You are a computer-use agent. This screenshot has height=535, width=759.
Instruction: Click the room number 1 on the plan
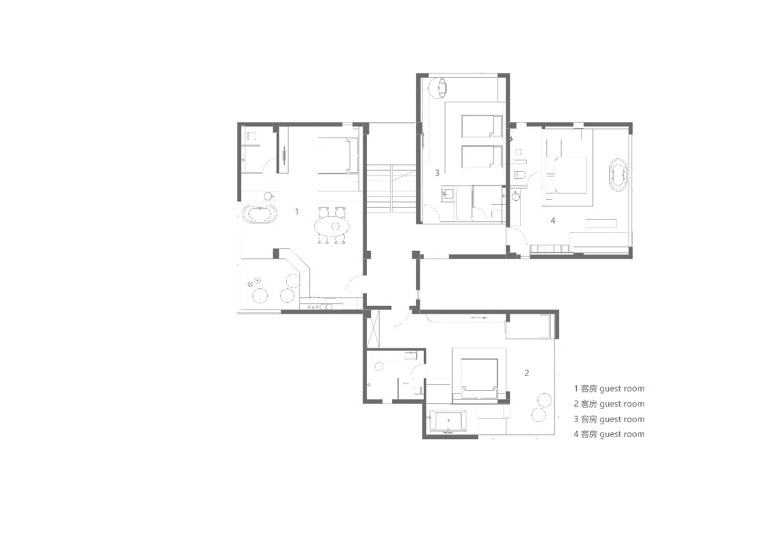click(x=297, y=212)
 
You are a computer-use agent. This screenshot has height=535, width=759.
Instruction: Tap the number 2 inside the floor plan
click(x=527, y=373)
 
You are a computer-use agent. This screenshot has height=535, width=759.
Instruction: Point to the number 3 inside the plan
click(x=437, y=173)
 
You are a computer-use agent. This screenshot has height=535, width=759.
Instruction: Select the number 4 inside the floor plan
click(x=553, y=221)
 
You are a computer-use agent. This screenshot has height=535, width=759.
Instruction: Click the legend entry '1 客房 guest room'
click(x=609, y=388)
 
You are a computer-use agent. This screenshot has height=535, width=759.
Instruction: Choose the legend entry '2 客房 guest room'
click(x=609, y=404)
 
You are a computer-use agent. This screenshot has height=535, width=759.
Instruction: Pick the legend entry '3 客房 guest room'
click(x=609, y=419)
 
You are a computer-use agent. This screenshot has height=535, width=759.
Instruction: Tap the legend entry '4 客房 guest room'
click(x=609, y=434)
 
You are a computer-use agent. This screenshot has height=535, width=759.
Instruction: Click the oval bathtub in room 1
click(x=260, y=214)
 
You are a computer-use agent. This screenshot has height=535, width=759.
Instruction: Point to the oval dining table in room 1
click(x=332, y=226)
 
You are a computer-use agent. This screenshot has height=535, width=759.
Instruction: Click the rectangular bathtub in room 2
click(x=448, y=421)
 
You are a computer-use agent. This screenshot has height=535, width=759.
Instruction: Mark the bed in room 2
click(x=479, y=379)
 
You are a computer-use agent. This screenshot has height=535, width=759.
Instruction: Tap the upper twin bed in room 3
click(x=481, y=126)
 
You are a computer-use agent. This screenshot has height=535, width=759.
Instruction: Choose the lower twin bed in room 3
click(x=481, y=157)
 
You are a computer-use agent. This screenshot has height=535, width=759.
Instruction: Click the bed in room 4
click(x=566, y=175)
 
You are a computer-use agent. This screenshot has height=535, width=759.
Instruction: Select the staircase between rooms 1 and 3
click(x=391, y=189)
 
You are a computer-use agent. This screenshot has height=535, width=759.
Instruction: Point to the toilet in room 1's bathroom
click(x=251, y=136)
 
